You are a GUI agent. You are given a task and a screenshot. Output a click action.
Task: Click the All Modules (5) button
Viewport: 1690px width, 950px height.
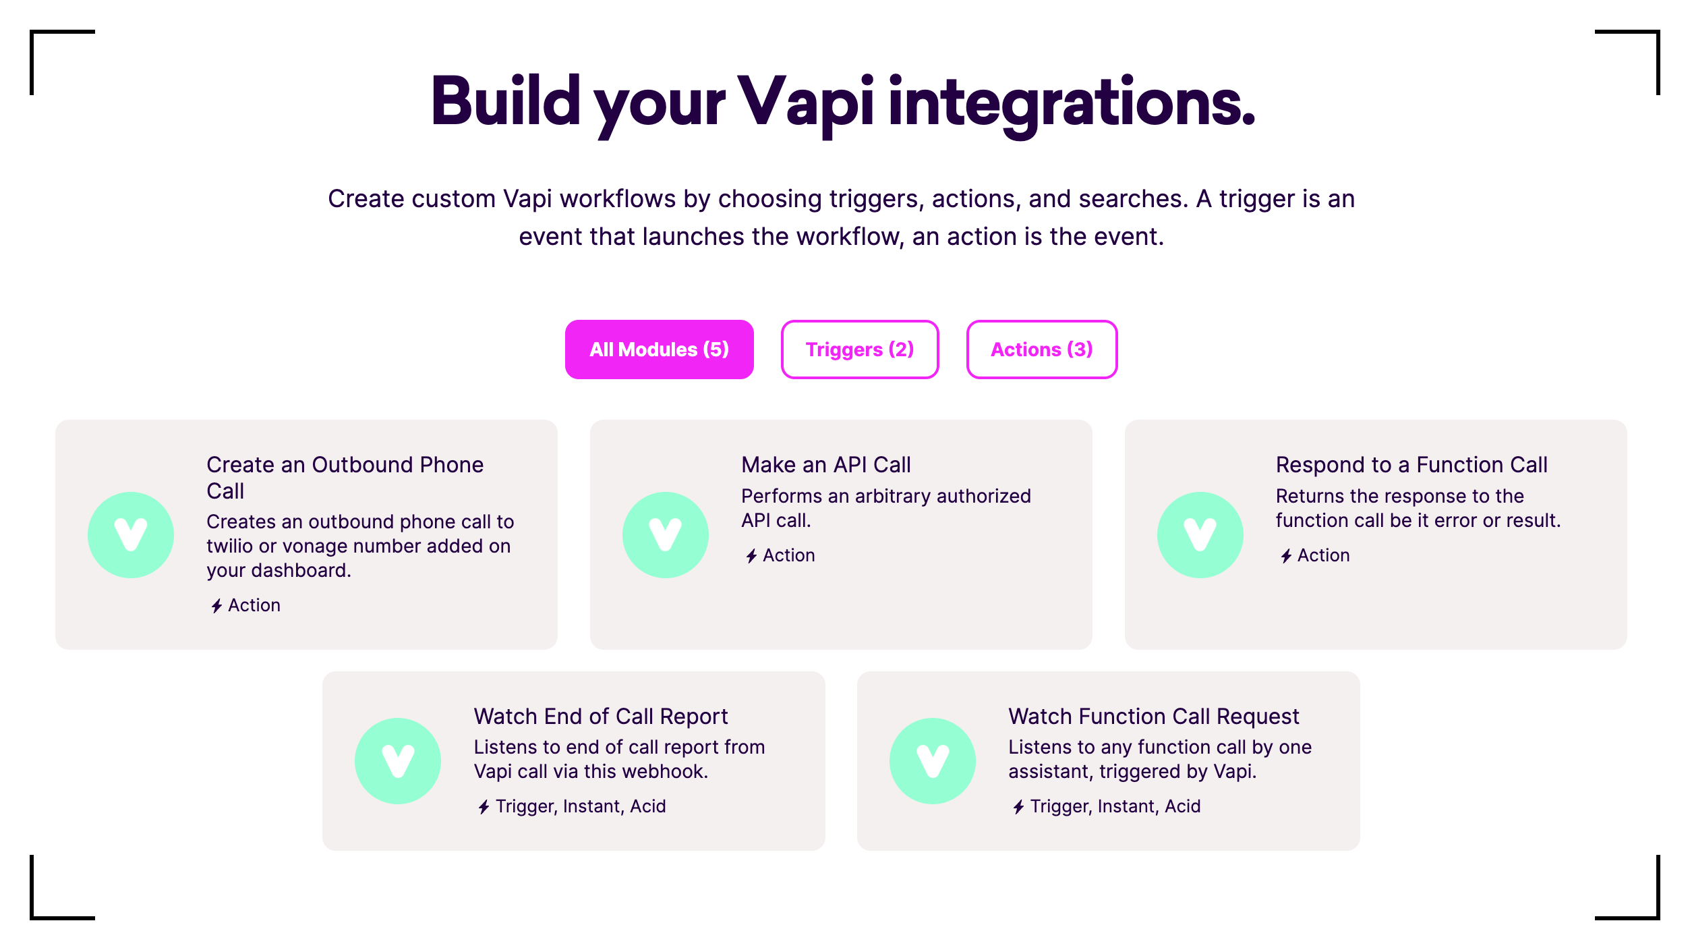coord(659,350)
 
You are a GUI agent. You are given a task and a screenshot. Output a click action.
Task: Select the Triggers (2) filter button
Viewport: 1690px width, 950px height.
coord(860,350)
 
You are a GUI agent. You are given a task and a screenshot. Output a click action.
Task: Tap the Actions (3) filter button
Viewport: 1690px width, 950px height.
coord(1042,350)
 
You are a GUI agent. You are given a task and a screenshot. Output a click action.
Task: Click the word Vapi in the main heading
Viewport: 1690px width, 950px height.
coord(806,103)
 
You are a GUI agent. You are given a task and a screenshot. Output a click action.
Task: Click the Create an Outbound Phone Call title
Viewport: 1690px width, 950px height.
coord(345,478)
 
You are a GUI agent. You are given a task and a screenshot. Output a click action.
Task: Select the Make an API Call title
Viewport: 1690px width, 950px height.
coord(826,465)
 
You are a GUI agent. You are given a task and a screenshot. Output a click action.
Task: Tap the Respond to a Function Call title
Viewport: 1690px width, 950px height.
coord(1411,465)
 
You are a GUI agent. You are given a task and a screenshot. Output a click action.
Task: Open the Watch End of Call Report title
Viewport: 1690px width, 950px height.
coord(601,717)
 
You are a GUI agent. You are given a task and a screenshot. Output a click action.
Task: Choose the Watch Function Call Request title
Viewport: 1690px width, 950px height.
coord(1154,717)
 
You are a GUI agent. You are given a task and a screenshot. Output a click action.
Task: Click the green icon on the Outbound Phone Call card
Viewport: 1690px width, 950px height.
coord(131,535)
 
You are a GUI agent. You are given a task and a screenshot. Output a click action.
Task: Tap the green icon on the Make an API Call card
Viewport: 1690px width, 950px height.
coord(666,535)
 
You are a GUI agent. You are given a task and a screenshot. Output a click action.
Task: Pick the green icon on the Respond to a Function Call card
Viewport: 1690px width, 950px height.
coord(1200,535)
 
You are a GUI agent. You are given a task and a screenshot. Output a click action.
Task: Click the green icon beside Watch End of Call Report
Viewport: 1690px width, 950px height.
coord(398,761)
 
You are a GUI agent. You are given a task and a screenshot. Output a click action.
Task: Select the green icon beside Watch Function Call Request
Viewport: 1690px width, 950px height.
coord(933,761)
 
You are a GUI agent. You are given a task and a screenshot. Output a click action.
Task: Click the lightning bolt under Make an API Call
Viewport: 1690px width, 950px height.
coord(751,556)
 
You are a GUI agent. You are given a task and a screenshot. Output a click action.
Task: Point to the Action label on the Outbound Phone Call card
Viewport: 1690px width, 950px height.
coord(254,605)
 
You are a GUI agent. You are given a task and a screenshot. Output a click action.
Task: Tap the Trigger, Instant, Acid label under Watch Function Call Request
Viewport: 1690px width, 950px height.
coord(1115,806)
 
